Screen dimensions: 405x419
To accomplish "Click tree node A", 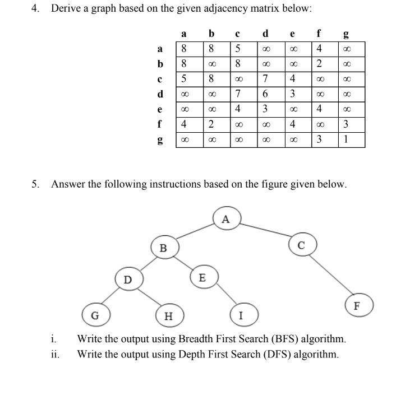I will pyautogui.click(x=227, y=219).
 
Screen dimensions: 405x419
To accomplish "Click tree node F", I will pyautogui.click(x=359, y=305).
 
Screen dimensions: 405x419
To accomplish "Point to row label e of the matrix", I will pyautogui.click(x=160, y=109).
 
